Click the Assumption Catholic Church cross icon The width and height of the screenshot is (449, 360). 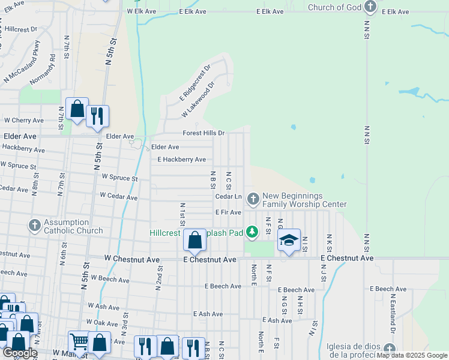coord(34,226)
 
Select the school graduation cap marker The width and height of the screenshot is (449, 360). coord(289,241)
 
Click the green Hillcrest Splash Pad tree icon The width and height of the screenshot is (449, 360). coord(253,231)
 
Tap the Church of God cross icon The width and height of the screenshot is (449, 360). coord(371,7)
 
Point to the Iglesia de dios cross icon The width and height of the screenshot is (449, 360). coord(390,349)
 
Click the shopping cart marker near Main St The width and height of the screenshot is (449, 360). coord(79,342)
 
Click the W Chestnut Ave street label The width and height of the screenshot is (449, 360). coord(132,259)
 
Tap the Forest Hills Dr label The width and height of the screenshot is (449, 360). coord(204,133)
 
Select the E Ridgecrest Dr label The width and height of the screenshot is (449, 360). coord(195,83)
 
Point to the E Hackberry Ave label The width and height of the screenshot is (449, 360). coord(181,160)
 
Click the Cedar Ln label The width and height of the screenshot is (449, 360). coord(228,196)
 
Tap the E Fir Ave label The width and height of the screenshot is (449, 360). coord(228,212)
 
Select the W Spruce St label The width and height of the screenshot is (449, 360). coord(119,178)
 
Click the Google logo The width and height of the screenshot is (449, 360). coord(20,353)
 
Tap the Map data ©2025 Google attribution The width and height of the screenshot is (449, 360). coord(411,356)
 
